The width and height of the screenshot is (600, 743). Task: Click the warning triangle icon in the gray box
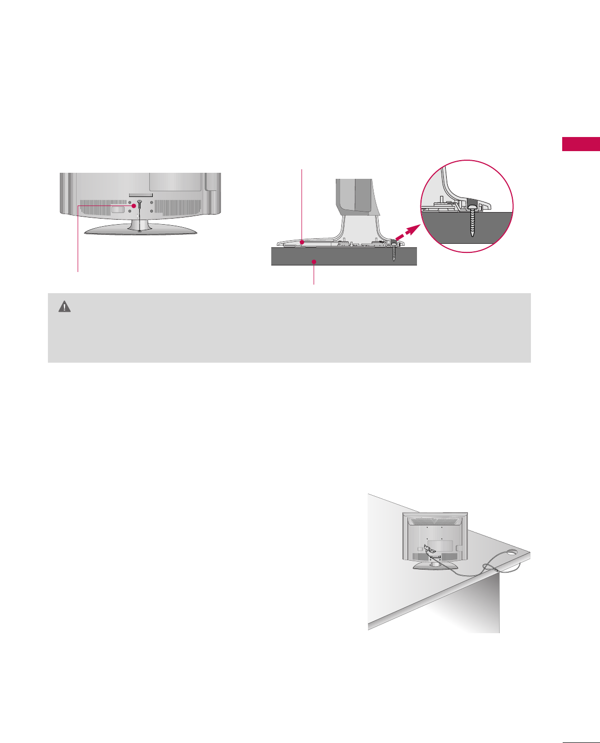click(x=65, y=306)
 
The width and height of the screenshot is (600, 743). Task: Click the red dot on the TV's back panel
click(x=134, y=206)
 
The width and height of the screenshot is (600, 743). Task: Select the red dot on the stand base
click(x=302, y=242)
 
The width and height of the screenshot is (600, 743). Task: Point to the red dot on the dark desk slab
click(x=314, y=261)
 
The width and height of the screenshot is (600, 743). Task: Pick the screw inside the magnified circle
click(x=473, y=218)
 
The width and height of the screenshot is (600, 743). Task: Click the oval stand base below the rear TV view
click(x=140, y=230)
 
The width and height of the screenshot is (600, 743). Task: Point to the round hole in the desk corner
click(x=514, y=553)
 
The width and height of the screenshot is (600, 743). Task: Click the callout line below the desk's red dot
click(x=314, y=275)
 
